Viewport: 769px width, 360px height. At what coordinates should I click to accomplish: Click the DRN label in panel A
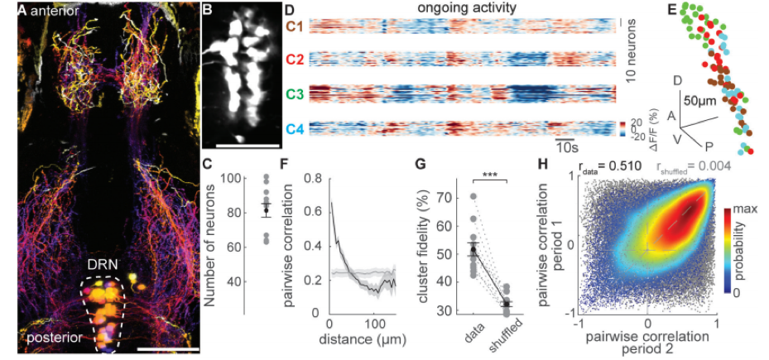click(103, 265)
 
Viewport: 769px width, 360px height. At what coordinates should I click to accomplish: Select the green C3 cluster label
click(296, 93)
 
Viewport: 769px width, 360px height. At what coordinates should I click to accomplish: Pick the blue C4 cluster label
click(296, 128)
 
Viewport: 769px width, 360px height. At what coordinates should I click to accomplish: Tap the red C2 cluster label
click(296, 60)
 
